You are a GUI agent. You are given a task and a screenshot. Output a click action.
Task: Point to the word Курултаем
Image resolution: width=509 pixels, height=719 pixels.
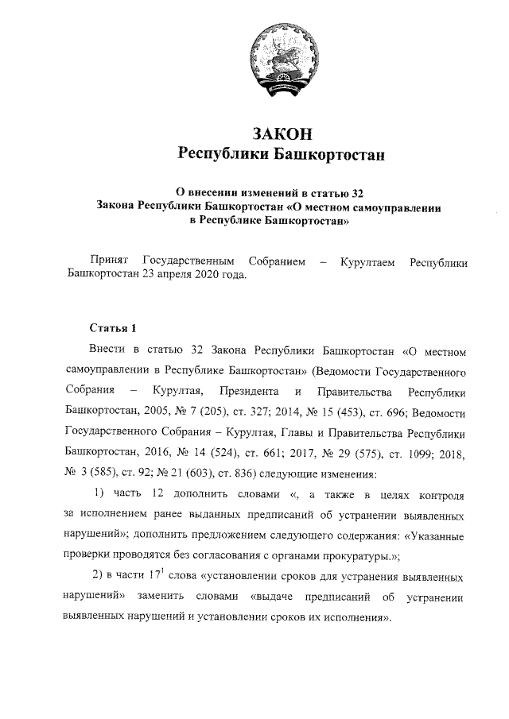367,261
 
